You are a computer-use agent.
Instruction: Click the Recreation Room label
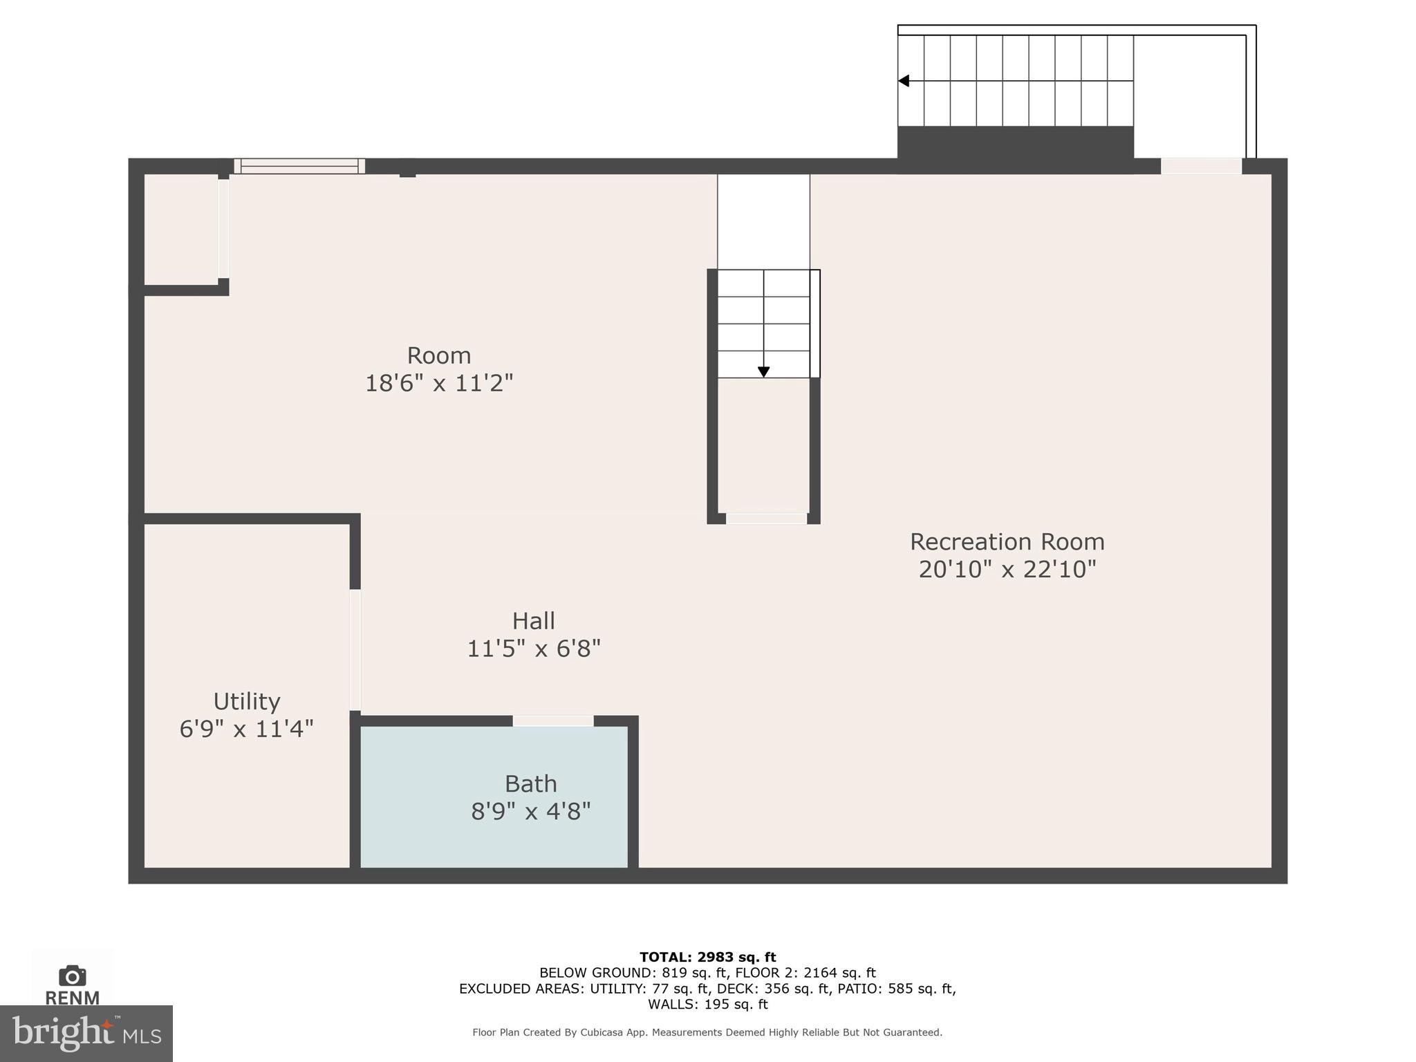pos(1007,541)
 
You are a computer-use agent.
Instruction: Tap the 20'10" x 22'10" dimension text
pos(1007,570)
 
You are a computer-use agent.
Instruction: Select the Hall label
pos(533,621)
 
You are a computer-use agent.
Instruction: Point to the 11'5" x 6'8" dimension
pos(533,649)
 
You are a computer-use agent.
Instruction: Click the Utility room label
pos(246,702)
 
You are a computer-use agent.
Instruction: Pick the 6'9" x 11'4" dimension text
pos(246,729)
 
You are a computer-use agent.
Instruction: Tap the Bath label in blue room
pos(530,784)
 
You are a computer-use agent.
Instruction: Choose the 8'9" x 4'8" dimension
pos(530,812)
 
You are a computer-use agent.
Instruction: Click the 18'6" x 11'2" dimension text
pos(438,384)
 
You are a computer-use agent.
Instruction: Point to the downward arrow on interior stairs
pos(763,371)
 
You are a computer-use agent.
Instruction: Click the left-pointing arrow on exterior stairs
pos(904,81)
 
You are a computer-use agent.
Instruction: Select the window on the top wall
pos(299,166)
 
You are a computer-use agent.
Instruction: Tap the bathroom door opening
pos(553,720)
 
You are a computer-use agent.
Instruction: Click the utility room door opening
pos(355,650)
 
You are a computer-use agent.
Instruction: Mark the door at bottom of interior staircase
pos(766,519)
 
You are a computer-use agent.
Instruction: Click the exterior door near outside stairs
pos(1201,166)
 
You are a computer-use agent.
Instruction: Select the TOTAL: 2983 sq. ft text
pos(707,957)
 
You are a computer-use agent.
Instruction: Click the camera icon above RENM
pos(72,976)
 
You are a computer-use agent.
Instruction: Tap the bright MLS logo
pos(86,1033)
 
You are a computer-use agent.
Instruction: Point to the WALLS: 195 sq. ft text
pos(707,1004)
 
